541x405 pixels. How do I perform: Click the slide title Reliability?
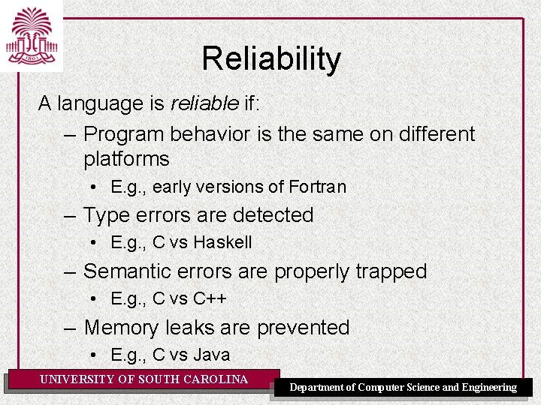tap(270, 59)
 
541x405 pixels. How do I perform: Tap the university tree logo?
tap(32, 35)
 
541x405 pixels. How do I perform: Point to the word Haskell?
tap(222, 243)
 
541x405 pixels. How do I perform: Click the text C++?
tap(210, 298)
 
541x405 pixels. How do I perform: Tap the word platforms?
tap(126, 159)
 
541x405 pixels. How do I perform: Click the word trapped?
tap(388, 271)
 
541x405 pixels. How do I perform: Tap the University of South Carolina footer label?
tap(144, 379)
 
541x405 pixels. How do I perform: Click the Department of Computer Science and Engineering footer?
tap(403, 387)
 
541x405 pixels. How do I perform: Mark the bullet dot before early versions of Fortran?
tap(92, 187)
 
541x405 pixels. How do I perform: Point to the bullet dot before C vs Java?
tap(92, 355)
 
